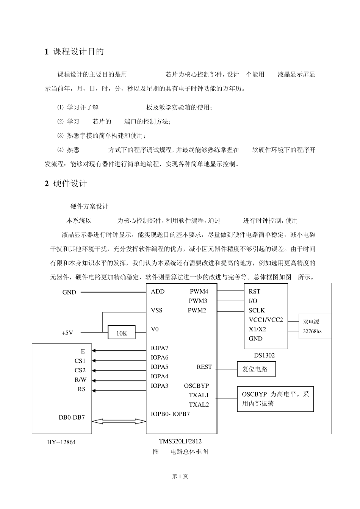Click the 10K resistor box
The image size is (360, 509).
[122, 333]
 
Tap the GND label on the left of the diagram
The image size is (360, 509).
[69, 292]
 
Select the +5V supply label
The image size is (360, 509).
[67, 333]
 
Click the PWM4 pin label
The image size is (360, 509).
[199, 292]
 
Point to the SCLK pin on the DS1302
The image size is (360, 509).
[257, 311]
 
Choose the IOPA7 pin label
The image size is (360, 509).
[160, 348]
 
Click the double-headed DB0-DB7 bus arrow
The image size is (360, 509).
[119, 421]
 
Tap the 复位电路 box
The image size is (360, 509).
[256, 369]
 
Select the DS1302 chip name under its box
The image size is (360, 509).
[264, 356]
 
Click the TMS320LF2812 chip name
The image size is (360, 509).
[180, 441]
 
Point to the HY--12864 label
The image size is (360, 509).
[62, 442]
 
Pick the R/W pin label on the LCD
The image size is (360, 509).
[80, 380]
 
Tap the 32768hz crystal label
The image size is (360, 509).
[312, 331]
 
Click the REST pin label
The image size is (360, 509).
[204, 367]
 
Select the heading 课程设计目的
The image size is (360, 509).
[74, 52]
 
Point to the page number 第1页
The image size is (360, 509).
[180, 476]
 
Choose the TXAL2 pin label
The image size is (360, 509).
[199, 404]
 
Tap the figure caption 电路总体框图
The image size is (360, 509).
[189, 451]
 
